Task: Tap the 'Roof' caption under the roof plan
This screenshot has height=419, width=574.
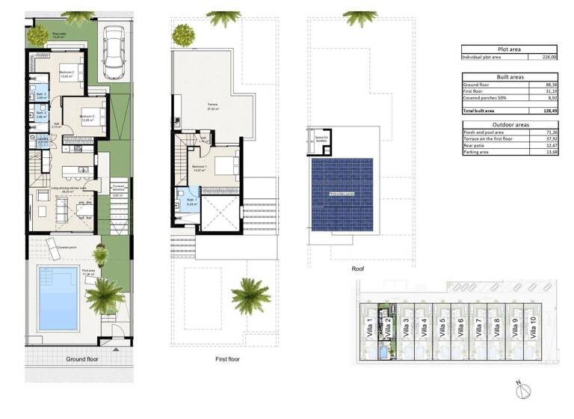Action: pos(359,268)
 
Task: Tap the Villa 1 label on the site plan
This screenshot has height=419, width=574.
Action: pos(370,326)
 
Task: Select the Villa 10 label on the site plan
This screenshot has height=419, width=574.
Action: pos(533,326)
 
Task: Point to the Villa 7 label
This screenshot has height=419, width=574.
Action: pos(478,326)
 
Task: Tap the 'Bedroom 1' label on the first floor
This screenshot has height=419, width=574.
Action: pos(200,166)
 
